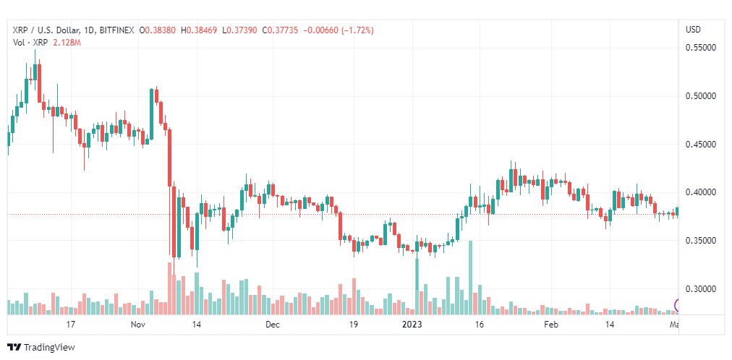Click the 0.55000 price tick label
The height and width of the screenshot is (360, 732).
coord(699,48)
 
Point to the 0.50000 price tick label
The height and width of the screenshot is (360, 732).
coord(699,95)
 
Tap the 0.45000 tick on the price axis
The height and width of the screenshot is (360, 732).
coord(699,144)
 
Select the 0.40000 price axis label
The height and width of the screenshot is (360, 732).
coord(699,192)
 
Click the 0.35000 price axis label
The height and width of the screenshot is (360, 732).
coord(699,240)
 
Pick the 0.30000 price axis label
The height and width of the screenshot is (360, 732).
coord(699,288)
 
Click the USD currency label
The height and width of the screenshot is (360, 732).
coord(692,30)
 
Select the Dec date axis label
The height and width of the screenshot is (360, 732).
coord(272,325)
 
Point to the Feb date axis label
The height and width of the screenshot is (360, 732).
coord(551,325)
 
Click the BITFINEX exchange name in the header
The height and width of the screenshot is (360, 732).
coord(116,30)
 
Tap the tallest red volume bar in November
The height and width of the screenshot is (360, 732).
coord(169,288)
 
